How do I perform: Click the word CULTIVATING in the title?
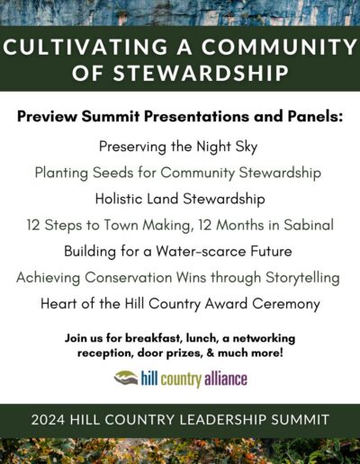[x=85, y=47]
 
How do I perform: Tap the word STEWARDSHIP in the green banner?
[x=201, y=73]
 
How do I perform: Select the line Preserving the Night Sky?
[x=178, y=147]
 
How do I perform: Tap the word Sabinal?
[x=309, y=225]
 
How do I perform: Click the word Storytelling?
[x=302, y=278]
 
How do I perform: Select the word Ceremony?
[x=286, y=304]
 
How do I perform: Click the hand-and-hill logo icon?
[x=126, y=378]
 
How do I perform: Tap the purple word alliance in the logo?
[x=226, y=379]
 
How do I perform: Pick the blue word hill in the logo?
[x=149, y=379]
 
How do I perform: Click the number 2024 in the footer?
[x=48, y=420]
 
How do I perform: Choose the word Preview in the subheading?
[x=47, y=117]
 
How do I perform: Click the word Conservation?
[x=128, y=277]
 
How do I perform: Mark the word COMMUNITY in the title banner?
[x=279, y=47]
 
